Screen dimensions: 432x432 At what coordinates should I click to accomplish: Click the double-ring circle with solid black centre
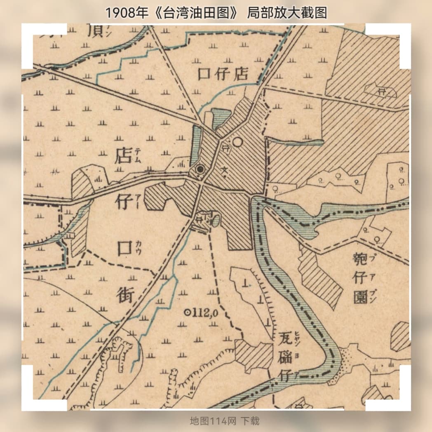(x=200, y=169)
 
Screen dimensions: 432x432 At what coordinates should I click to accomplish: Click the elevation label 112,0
(x=205, y=313)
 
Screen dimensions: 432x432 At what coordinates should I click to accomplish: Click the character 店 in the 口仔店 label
(x=240, y=74)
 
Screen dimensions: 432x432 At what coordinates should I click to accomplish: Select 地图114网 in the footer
(x=213, y=421)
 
